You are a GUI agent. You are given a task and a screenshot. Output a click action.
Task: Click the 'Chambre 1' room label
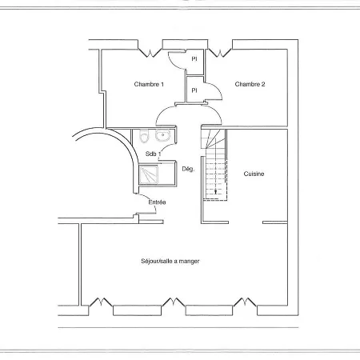pyautogui.click(x=149, y=84)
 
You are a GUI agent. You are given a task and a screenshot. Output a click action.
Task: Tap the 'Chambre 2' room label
pyautogui.click(x=250, y=84)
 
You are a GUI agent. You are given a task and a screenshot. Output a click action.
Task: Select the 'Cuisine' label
pyautogui.click(x=254, y=174)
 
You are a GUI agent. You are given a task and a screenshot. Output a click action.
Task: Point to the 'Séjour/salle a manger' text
pyautogui.click(x=170, y=261)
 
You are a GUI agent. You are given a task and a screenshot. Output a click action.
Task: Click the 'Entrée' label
pyautogui.click(x=157, y=202)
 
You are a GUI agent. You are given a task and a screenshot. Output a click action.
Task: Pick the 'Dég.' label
pyautogui.click(x=189, y=169)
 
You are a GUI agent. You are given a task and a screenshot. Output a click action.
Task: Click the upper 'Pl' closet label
pyautogui.click(x=194, y=58)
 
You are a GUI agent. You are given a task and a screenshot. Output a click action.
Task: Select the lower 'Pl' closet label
pyautogui.click(x=194, y=90)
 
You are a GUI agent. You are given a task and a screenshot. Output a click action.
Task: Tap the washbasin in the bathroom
pyautogui.click(x=162, y=136)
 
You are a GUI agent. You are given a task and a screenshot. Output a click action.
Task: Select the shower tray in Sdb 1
pyautogui.click(x=150, y=174)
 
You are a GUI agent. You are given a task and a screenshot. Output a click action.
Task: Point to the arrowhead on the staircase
pyautogui.click(x=214, y=192)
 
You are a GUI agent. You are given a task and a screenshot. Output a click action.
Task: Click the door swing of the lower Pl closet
pyautogui.click(x=211, y=93)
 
